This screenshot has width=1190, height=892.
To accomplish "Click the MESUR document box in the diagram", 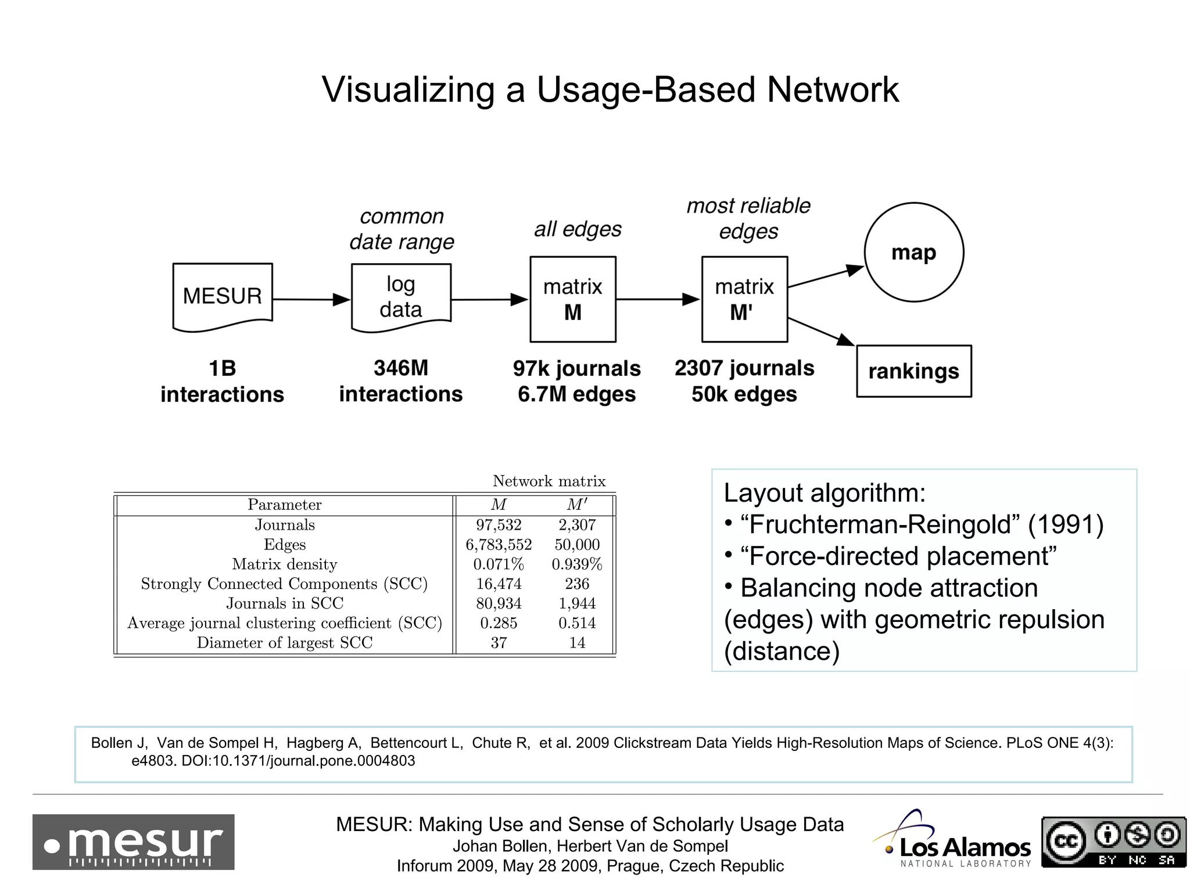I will tap(223, 296).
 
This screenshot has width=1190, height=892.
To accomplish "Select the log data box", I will tap(401, 297).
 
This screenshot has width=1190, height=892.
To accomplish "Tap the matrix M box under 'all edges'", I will tap(573, 299).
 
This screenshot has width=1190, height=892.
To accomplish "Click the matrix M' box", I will tap(744, 299).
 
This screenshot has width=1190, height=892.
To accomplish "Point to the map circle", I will tap(914, 252).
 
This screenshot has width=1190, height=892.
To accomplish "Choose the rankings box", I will tap(914, 371).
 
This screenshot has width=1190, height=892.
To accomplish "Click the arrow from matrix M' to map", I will tap(825, 277).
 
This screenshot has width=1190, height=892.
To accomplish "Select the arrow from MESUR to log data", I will tap(311, 300).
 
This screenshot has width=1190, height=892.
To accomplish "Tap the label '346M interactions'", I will tap(401, 381).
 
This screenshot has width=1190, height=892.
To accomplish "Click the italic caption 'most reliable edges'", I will tap(748, 218).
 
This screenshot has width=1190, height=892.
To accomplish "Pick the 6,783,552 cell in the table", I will tap(499, 545).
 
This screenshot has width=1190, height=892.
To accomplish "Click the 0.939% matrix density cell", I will tap(577, 564).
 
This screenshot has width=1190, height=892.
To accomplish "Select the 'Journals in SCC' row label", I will tap(285, 603).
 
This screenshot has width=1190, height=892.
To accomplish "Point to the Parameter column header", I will tap(285, 505).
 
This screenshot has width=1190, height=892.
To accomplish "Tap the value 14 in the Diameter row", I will tap(577, 643).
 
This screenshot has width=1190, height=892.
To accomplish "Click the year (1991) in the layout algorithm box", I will tap(1066, 524).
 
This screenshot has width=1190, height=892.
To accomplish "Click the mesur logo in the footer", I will tap(134, 842).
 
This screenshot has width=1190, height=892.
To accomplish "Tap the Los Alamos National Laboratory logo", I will tap(953, 842).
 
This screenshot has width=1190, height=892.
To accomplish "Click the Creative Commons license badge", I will tap(1113, 842).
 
